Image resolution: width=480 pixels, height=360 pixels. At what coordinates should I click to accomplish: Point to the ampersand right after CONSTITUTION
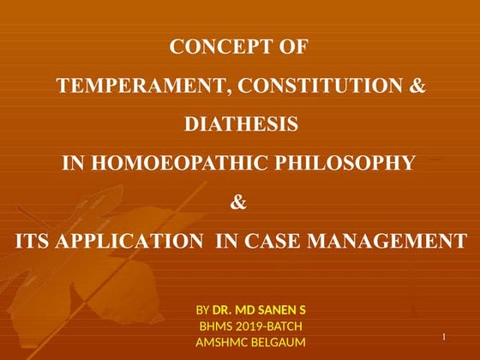417,86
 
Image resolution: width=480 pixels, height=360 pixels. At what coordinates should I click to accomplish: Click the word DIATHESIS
241,124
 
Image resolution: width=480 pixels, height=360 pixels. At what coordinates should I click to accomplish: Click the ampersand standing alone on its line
240,202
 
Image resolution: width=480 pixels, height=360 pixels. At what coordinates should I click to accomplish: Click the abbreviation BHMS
214,326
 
